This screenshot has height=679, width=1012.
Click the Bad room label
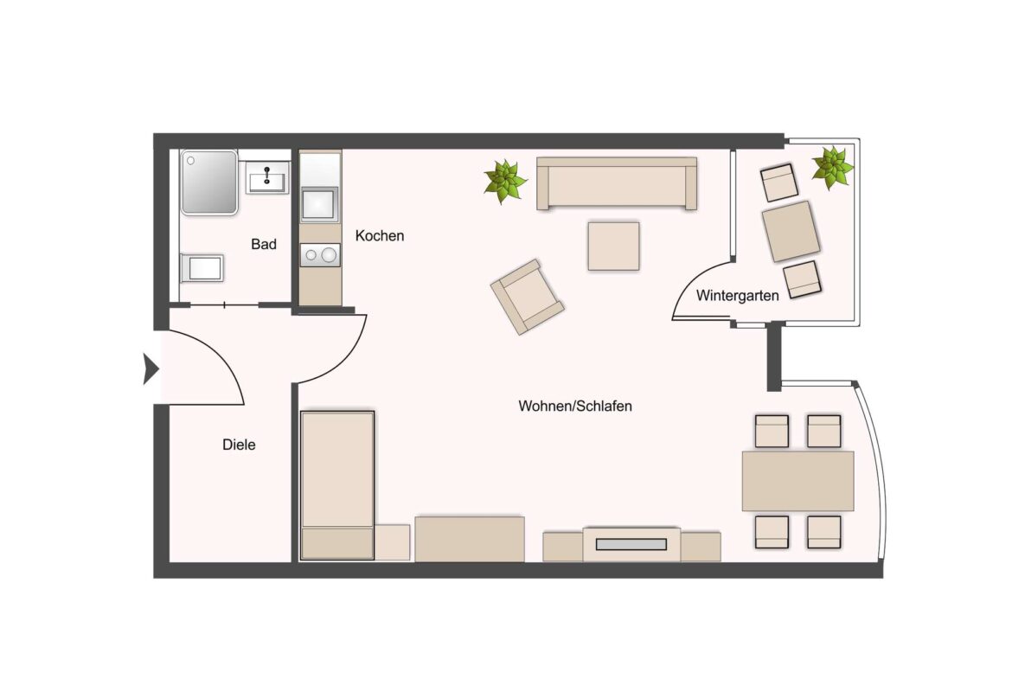pos(264,245)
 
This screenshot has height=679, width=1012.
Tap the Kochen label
pos(380,236)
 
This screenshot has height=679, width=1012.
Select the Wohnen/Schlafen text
pos(575,406)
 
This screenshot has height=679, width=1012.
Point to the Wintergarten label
pos(738,295)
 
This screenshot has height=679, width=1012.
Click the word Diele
pos(239,445)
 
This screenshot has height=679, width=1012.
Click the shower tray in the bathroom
pos(208,182)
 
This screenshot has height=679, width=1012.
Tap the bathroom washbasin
pos(266,179)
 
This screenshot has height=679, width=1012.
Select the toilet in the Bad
pos(203,268)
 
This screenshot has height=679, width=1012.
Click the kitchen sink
pos(320,204)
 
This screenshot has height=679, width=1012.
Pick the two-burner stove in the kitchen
pos(320,255)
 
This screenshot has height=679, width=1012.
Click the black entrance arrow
pos(151,370)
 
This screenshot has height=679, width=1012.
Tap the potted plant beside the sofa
pos(504,181)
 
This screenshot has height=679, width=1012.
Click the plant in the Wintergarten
pos(832,167)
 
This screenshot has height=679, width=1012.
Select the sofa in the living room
pos(617,183)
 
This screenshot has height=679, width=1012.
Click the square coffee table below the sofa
pos(613,246)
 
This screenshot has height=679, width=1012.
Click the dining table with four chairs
pos(797,481)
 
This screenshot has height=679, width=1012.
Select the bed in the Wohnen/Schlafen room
pos(336,484)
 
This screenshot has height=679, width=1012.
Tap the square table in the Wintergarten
pos(791,231)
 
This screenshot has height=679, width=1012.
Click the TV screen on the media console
pos(631,545)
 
